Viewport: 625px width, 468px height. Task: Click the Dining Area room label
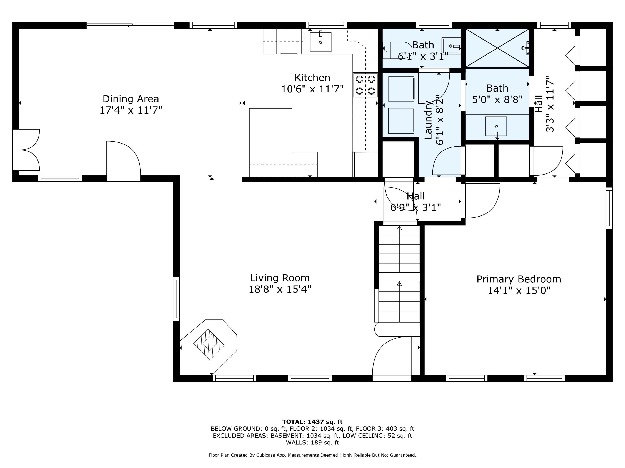coord(131,99)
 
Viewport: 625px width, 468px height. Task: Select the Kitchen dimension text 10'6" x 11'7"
coord(312,89)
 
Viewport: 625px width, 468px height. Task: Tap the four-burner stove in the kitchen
coord(365,85)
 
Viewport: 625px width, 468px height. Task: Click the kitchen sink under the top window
coord(320,42)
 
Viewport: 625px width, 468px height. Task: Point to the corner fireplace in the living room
coord(209,344)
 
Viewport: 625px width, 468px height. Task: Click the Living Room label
coord(280,278)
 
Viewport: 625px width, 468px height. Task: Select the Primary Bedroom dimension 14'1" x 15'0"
coord(519,291)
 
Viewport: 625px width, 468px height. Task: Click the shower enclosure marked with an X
coord(497,48)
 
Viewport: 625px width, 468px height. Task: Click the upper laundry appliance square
coord(401,89)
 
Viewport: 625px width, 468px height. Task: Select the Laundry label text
coord(429,120)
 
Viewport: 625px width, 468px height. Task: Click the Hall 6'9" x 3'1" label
coord(416,202)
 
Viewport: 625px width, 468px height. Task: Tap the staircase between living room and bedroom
coord(399,274)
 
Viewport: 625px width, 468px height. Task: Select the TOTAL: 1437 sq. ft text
coord(312,422)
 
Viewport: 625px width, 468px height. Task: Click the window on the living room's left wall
coord(176,299)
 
